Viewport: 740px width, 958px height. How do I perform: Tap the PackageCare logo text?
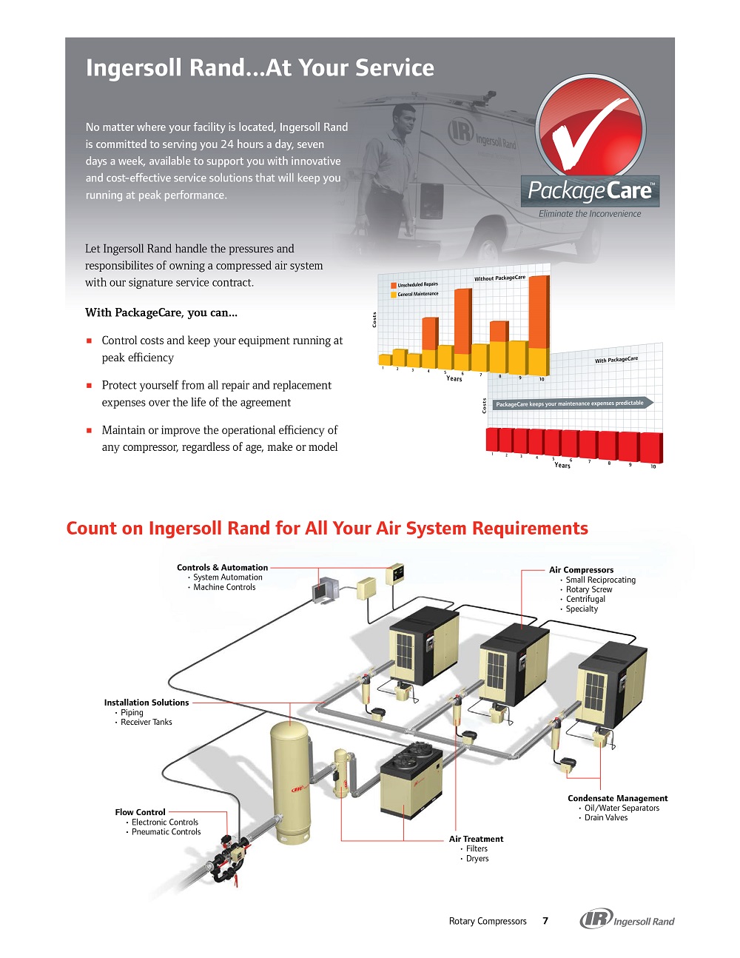pos(590,191)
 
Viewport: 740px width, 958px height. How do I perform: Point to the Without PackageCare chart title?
pos(499,278)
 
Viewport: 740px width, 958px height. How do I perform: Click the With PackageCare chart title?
pos(616,360)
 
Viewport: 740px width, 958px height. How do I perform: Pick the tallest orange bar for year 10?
pos(539,312)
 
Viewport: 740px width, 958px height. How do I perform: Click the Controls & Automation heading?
pos(222,568)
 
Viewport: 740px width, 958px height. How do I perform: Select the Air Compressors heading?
pos(581,570)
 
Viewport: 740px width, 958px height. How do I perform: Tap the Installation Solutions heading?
pos(146,703)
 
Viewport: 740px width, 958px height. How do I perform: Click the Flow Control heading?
pos(140,812)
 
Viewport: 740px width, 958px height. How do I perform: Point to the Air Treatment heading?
pos(476,839)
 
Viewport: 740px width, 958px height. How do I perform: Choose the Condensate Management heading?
pos(617,798)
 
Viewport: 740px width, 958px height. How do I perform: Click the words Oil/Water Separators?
pos(622,808)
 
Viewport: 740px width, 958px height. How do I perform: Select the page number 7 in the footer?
pos(545,921)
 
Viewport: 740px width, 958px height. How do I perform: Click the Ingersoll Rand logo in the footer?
pos(627,920)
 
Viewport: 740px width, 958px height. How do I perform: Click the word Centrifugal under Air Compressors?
pos(585,599)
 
